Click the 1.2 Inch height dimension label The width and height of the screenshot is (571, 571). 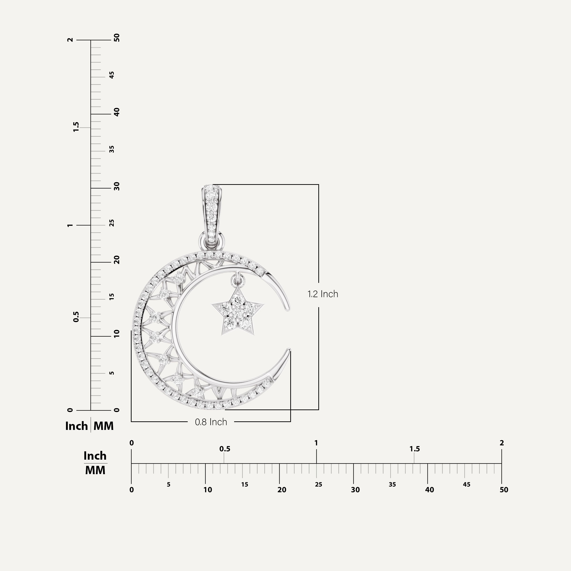(323, 294)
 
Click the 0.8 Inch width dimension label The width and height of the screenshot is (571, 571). (211, 422)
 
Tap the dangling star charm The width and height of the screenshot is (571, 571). (238, 313)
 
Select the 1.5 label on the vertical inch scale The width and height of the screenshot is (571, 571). (76, 127)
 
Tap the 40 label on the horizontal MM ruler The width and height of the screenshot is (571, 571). (429, 490)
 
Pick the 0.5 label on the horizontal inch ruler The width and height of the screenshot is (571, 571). (225, 449)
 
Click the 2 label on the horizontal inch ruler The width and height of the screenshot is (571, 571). (502, 443)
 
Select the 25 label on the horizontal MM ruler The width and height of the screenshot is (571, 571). (318, 485)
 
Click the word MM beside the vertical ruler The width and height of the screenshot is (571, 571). (103, 426)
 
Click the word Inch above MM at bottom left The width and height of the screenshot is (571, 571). (95, 456)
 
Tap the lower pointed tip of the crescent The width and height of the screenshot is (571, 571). (288, 350)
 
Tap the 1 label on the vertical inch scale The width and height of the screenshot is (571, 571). (70, 225)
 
